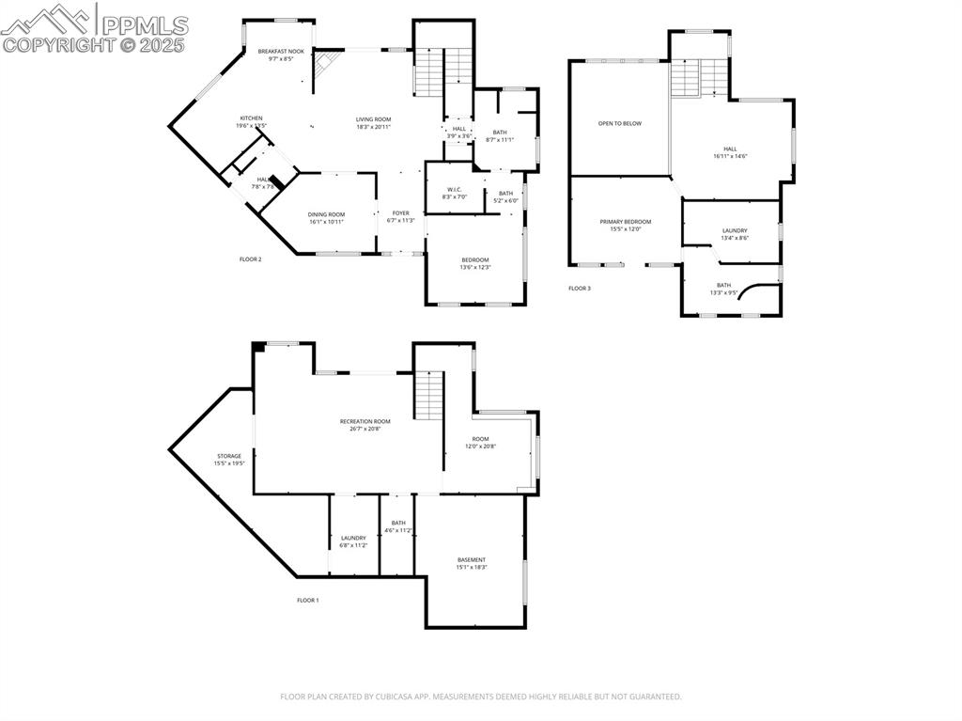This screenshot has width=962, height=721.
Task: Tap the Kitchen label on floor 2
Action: (x=251, y=118)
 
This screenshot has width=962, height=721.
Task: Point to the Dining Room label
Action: (x=326, y=214)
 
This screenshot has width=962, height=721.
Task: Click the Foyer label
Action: (x=400, y=213)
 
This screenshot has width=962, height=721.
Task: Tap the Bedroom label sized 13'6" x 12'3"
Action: (x=474, y=260)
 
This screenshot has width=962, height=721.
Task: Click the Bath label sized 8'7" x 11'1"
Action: (x=499, y=133)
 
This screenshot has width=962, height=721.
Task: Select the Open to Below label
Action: (x=620, y=123)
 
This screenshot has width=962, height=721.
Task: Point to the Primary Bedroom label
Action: (x=625, y=222)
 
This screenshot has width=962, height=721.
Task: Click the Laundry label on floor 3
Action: (x=735, y=230)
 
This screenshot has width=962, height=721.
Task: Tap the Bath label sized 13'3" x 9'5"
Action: (x=723, y=285)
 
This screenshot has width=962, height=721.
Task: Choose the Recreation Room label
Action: (x=365, y=421)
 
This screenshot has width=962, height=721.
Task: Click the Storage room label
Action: (x=229, y=456)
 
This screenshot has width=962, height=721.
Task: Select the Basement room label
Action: (x=472, y=559)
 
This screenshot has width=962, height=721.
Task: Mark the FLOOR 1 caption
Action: (x=308, y=600)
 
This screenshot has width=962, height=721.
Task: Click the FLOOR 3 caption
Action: (x=580, y=289)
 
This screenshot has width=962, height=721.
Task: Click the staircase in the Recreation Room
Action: (x=428, y=395)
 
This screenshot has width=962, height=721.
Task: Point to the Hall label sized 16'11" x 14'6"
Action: (x=730, y=149)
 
